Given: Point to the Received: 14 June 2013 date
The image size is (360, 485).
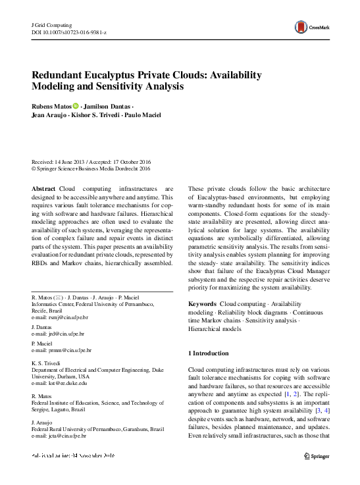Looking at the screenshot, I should click(x=61, y=161).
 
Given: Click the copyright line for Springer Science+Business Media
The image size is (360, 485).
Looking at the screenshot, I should click(x=88, y=168).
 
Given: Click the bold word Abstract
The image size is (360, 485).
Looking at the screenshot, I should click(x=43, y=189).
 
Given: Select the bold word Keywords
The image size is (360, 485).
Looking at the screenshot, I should click(x=202, y=304).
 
